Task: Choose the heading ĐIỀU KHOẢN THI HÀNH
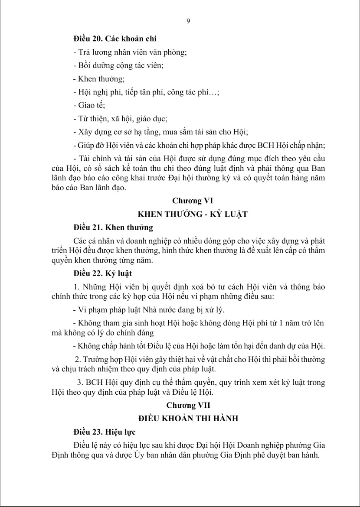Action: (x=188, y=419)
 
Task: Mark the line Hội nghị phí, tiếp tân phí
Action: (x=147, y=92)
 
